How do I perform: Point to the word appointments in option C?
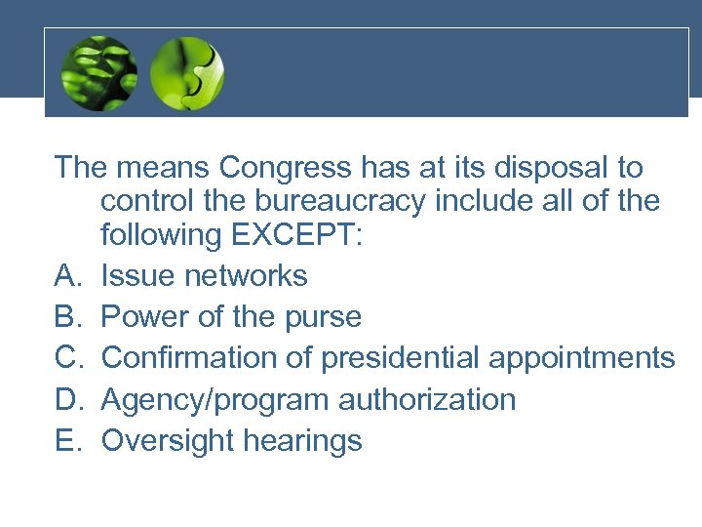click(581, 358)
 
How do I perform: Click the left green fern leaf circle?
click(97, 73)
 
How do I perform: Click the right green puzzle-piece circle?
click(187, 73)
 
